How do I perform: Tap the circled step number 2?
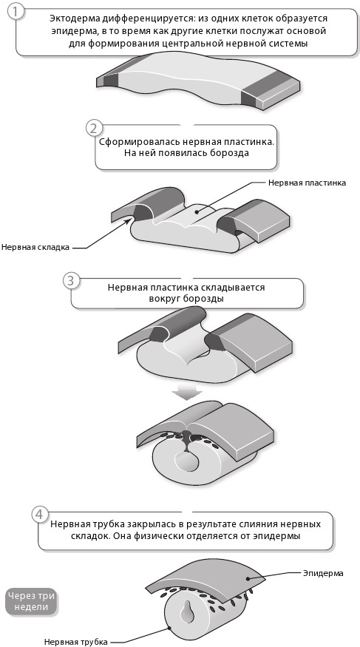tap(94, 129)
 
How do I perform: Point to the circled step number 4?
tap(38, 515)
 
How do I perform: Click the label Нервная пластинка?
tap(308, 183)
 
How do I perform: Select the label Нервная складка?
tap(35, 247)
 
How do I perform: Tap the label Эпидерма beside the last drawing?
tap(323, 573)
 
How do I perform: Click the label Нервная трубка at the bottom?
tap(76, 642)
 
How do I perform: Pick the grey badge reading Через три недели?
tap(31, 602)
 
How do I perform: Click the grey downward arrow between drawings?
tap(187, 393)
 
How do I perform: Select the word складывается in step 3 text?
tap(238, 288)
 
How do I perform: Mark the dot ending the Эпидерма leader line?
tap(248, 578)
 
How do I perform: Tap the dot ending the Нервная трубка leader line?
tap(170, 628)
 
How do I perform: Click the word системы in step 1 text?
tap(291, 43)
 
